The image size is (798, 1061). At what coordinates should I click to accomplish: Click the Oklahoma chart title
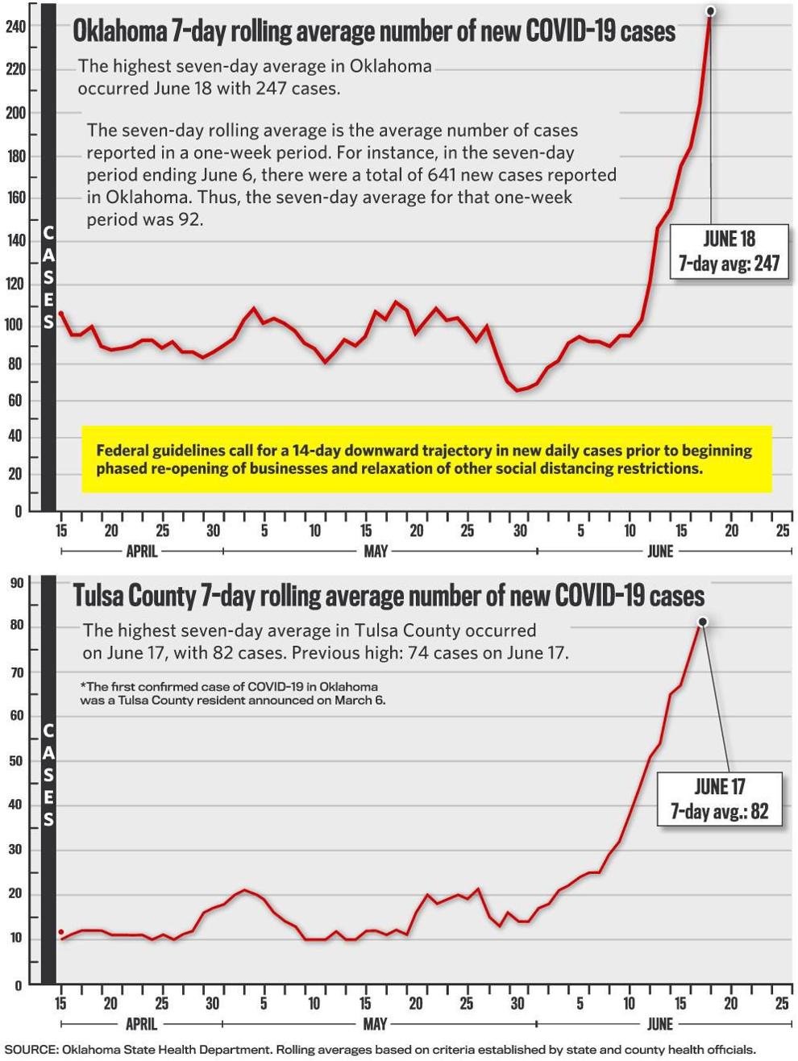tap(374, 31)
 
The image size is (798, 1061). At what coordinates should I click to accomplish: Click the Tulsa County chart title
tap(389, 595)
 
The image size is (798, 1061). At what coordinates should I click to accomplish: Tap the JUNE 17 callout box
tap(719, 798)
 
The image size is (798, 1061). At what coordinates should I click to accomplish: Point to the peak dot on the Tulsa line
tap(703, 622)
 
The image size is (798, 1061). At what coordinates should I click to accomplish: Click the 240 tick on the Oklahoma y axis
tap(15, 27)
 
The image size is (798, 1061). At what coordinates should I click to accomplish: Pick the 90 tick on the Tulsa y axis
tap(17, 582)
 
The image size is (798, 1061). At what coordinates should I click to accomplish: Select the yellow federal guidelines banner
tap(426, 460)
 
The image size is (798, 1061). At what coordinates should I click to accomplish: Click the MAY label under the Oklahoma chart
tap(376, 551)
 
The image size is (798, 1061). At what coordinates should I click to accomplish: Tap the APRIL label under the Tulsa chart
tap(141, 1024)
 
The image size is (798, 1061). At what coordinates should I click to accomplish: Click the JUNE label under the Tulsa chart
tap(660, 1024)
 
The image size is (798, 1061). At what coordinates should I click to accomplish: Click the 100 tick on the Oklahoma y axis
tap(15, 324)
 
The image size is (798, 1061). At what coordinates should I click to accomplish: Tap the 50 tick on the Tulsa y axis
tap(17, 761)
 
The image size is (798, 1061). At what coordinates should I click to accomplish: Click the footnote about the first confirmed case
tap(233, 693)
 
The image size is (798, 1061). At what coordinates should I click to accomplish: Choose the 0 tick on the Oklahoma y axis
tap(19, 511)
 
